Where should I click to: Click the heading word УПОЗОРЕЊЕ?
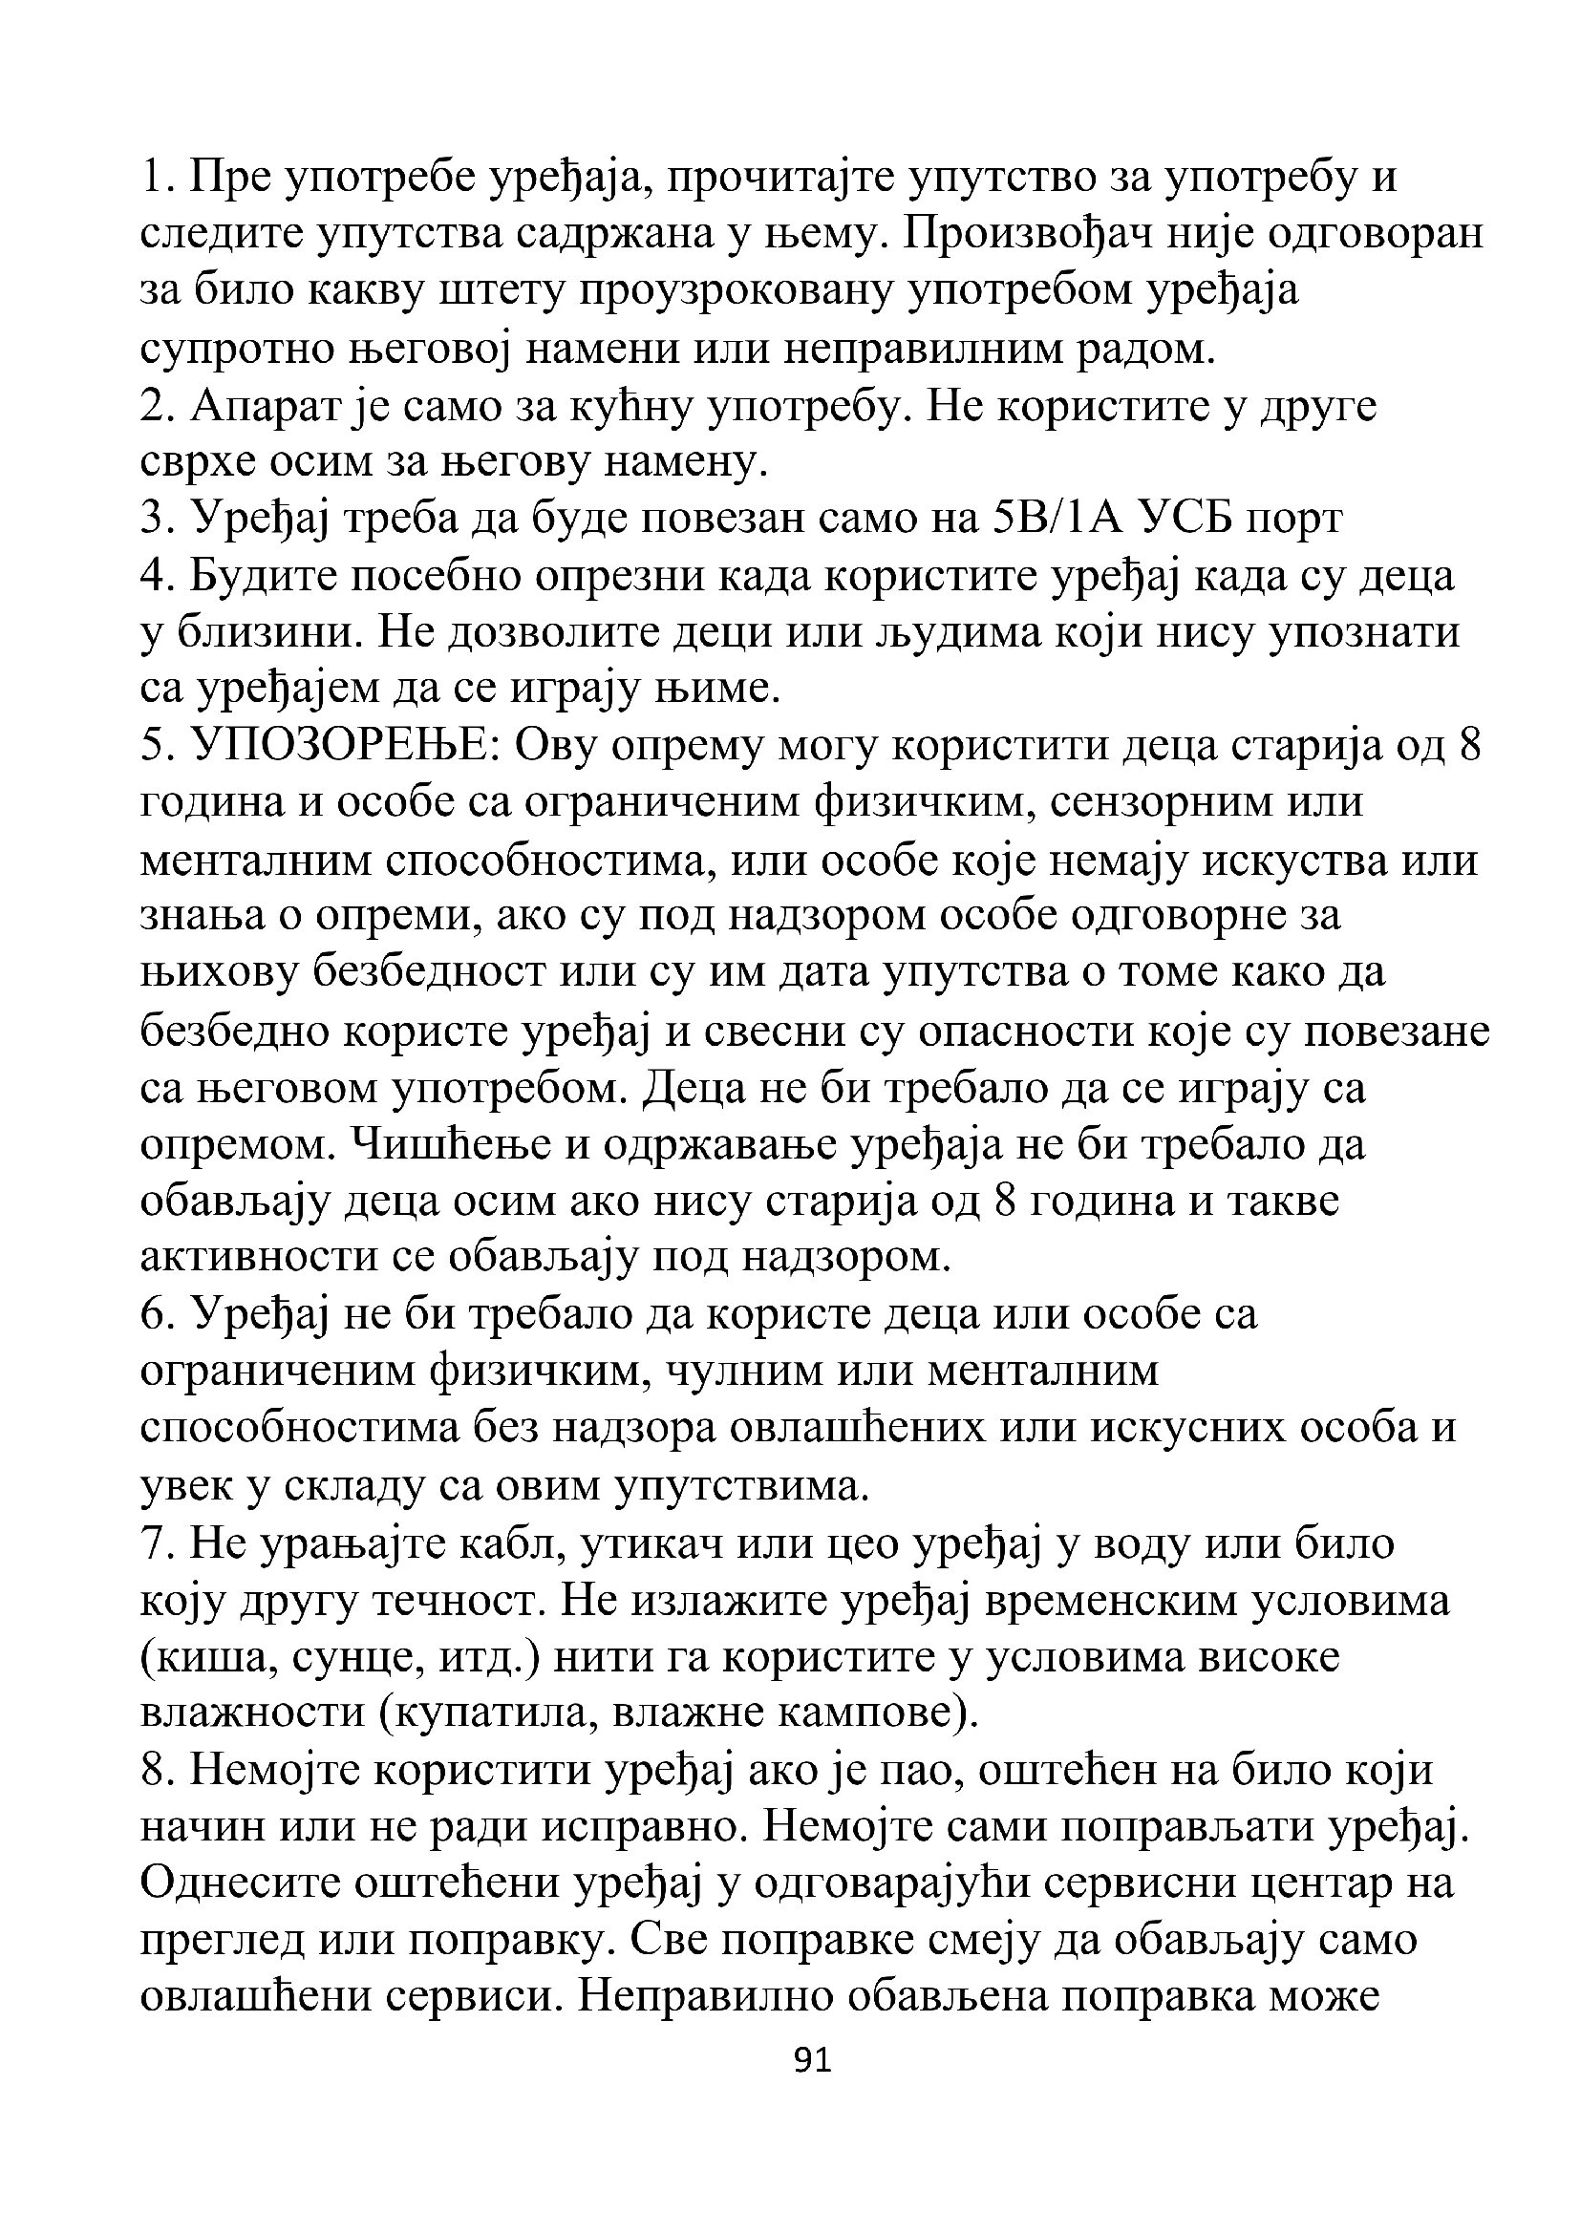point(345,746)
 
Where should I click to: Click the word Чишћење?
point(446,1143)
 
